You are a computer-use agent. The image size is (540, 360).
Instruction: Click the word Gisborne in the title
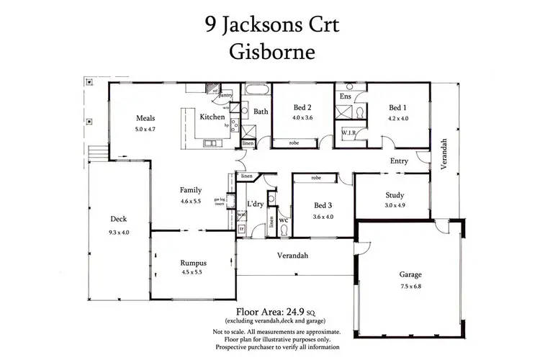coord(270,52)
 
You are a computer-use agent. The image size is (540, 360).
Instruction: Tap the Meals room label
coord(146,119)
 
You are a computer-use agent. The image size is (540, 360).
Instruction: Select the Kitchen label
coord(212,117)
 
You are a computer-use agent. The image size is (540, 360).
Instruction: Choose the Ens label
coord(345,96)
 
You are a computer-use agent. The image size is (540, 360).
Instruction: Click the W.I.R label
coord(348,133)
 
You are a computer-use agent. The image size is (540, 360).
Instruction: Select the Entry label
coord(400,161)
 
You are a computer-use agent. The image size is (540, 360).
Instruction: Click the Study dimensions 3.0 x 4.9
coord(394,205)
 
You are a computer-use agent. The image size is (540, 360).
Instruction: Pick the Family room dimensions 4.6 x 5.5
coord(190,201)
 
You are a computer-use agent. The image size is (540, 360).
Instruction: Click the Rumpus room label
coord(192,263)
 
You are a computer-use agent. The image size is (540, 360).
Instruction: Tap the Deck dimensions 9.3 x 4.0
coord(118,230)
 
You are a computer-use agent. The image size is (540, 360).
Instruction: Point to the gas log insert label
coord(220,202)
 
